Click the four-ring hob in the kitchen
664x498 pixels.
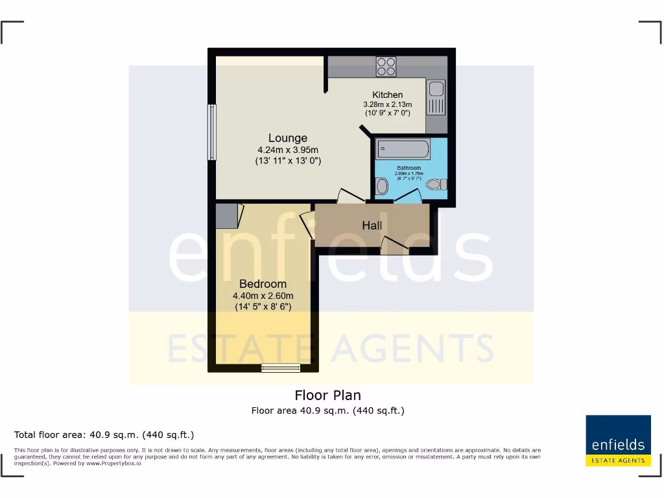tap(386, 66)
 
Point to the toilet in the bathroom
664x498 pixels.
tap(436, 185)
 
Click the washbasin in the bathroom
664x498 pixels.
tap(382, 187)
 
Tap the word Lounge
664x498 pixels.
tap(288, 138)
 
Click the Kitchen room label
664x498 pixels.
tap(387, 95)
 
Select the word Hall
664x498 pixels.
tap(372, 226)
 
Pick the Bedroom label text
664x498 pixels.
tap(263, 284)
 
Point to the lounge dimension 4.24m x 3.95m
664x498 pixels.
tap(288, 150)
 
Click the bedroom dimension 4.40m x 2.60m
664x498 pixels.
tap(263, 296)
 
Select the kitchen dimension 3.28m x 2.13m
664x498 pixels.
tap(387, 104)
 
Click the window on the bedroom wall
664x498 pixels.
tap(281, 368)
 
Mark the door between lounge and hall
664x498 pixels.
tap(349, 195)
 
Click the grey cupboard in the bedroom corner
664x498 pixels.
tap(227, 216)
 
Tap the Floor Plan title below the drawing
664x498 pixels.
tap(327, 395)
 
